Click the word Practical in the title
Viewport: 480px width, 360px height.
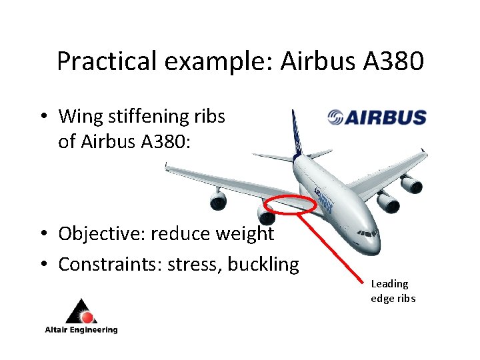107,61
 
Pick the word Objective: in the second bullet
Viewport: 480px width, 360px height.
102,234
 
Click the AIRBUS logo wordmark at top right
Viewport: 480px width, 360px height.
386,118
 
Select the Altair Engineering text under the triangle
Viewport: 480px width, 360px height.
81,329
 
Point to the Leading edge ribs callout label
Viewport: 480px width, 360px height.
393,291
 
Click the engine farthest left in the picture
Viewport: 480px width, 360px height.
218,199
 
